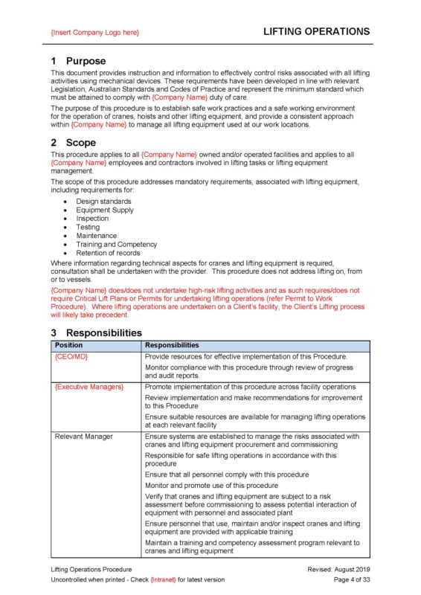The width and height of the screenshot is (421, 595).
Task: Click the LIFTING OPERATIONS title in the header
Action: [316, 32]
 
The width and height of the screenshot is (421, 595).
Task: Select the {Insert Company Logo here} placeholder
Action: [94, 33]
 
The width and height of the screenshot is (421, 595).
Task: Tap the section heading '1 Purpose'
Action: [78, 60]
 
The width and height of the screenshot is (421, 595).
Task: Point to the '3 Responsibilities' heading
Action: [97, 332]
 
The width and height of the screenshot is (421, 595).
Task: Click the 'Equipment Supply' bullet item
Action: [104, 210]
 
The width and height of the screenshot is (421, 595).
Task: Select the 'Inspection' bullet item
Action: [92, 219]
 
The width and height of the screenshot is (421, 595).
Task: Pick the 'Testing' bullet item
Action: [88, 228]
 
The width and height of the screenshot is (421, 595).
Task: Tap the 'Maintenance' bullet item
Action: [96, 236]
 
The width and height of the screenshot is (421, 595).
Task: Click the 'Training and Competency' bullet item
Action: [116, 244]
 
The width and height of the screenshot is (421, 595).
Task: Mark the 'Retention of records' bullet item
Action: [109, 253]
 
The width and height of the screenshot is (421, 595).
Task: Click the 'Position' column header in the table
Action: [69, 345]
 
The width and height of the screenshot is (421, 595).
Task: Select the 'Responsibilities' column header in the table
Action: [171, 345]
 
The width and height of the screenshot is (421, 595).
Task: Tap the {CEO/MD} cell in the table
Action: [71, 356]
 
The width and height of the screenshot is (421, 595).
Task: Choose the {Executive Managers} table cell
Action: [89, 387]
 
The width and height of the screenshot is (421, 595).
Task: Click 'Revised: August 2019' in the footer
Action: [338, 568]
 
